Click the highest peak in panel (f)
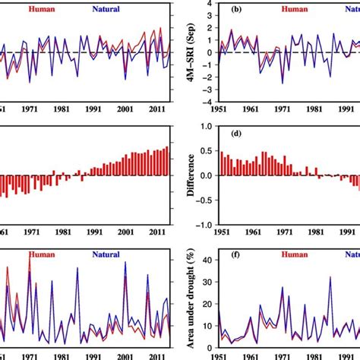330,277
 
